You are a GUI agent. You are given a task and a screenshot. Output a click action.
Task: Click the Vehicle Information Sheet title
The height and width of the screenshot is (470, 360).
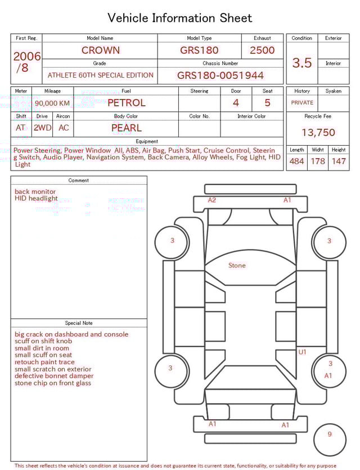pos(180,18)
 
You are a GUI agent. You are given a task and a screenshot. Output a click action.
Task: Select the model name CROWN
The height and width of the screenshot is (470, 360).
pos(100,50)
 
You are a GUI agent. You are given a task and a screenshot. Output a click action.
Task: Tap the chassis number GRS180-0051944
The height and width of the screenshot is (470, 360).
pos(220,75)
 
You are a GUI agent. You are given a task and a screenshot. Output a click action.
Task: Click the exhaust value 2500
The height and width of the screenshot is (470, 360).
pos(262,50)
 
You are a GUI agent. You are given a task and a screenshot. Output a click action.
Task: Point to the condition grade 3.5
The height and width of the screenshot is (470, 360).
pos(302,63)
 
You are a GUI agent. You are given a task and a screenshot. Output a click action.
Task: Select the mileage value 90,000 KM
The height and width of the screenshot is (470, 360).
pos(52,103)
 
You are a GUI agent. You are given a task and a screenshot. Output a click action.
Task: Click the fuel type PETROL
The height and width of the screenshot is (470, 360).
pos(126,103)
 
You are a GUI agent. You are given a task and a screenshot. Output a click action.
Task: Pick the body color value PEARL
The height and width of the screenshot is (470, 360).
pos(126,128)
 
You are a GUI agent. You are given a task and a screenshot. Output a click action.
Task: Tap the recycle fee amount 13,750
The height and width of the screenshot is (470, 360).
pos(318,133)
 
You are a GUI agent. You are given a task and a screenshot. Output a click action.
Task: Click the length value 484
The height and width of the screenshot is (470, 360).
pos(296,162)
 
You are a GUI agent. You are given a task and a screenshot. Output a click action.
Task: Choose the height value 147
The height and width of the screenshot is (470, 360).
pos(339,162)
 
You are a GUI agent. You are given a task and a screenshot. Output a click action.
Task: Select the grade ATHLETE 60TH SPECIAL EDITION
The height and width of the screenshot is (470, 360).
pos(100,75)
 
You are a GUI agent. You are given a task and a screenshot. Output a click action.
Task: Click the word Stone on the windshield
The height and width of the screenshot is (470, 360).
pos(237,265)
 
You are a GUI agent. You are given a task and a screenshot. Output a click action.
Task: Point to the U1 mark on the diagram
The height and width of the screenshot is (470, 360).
pos(302,352)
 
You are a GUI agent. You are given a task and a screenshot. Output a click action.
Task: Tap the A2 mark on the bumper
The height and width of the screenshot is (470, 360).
pos(212,200)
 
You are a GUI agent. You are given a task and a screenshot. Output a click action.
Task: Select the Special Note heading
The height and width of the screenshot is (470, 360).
pos(79,323)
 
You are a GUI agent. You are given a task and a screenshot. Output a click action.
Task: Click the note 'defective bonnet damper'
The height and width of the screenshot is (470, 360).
pos(54,376)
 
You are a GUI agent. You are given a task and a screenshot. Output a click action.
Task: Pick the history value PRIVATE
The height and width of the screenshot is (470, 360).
pos(302,103)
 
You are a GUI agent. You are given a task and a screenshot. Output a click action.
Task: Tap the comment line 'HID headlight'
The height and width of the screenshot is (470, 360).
pos(36,199)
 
